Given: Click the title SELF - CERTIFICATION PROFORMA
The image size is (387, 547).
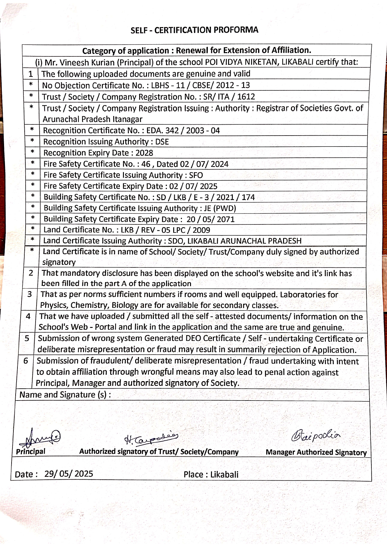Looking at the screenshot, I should (194, 30).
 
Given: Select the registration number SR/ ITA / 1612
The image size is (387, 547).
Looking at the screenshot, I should (229, 97).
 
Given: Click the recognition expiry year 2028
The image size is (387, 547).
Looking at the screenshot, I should (144, 153).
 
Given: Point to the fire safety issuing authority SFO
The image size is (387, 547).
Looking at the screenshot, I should (196, 175).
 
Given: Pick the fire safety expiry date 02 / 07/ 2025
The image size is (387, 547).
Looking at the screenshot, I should (193, 186).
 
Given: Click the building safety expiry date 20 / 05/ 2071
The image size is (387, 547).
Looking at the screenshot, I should (210, 219).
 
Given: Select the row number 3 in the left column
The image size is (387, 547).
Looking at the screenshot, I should (30, 294).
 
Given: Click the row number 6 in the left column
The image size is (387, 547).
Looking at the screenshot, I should (26, 361).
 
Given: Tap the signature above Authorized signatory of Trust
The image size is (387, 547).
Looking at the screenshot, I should (151, 439).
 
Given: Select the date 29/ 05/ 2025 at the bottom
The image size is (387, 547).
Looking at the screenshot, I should (69, 474).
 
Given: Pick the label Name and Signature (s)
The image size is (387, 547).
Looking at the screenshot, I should (65, 395).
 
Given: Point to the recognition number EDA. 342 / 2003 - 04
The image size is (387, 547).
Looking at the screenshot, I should (183, 130).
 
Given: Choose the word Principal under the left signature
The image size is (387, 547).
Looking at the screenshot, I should (31, 451).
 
